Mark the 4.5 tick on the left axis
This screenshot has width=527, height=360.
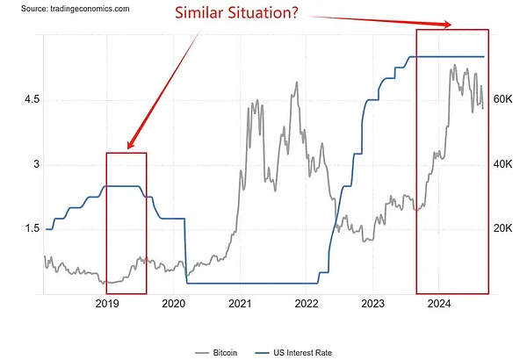[32, 100]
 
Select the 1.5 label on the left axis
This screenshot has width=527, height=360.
[32, 228]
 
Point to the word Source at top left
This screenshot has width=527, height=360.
[22, 7]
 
